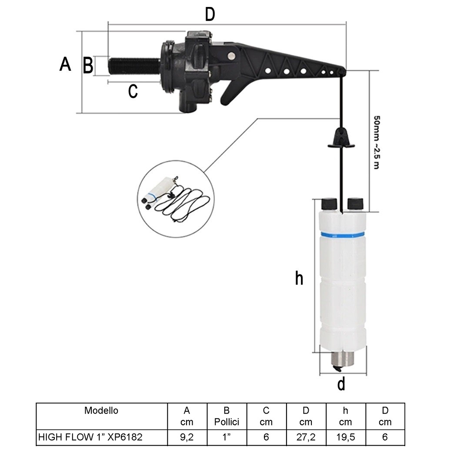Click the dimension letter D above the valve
[x=210, y=14]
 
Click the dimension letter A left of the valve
[x=65, y=64]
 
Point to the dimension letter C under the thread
[x=133, y=91]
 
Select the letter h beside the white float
[x=299, y=278]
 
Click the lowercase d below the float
[x=341, y=384]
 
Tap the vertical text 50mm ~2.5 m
[x=376, y=142]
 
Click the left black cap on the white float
[x=330, y=203]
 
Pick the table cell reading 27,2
[x=306, y=437]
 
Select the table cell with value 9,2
[x=187, y=437]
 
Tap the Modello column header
[x=102, y=410]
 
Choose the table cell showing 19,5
[x=346, y=437]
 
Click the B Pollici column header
[x=227, y=416]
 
